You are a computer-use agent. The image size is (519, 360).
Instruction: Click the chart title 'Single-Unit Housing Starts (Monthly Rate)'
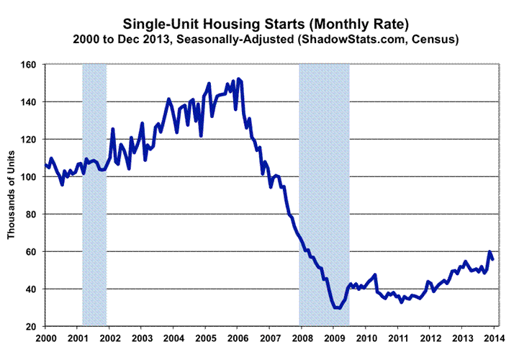261,20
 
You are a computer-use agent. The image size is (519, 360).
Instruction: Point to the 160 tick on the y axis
32,65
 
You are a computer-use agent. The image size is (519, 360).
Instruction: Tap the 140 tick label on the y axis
32,102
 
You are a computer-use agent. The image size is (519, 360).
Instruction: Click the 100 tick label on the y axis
32,177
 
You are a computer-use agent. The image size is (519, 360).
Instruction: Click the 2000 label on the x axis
45,338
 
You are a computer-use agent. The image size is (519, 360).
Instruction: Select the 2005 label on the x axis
205,338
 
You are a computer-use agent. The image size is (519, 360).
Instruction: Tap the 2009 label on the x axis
333,338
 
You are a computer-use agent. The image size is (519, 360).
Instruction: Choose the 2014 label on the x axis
493,338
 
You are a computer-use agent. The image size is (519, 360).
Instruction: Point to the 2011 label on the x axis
397,338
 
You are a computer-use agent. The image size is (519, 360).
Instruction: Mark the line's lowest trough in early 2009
336,307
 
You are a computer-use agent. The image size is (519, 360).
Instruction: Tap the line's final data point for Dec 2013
492,258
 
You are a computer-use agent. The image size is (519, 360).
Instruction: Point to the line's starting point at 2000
45,165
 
